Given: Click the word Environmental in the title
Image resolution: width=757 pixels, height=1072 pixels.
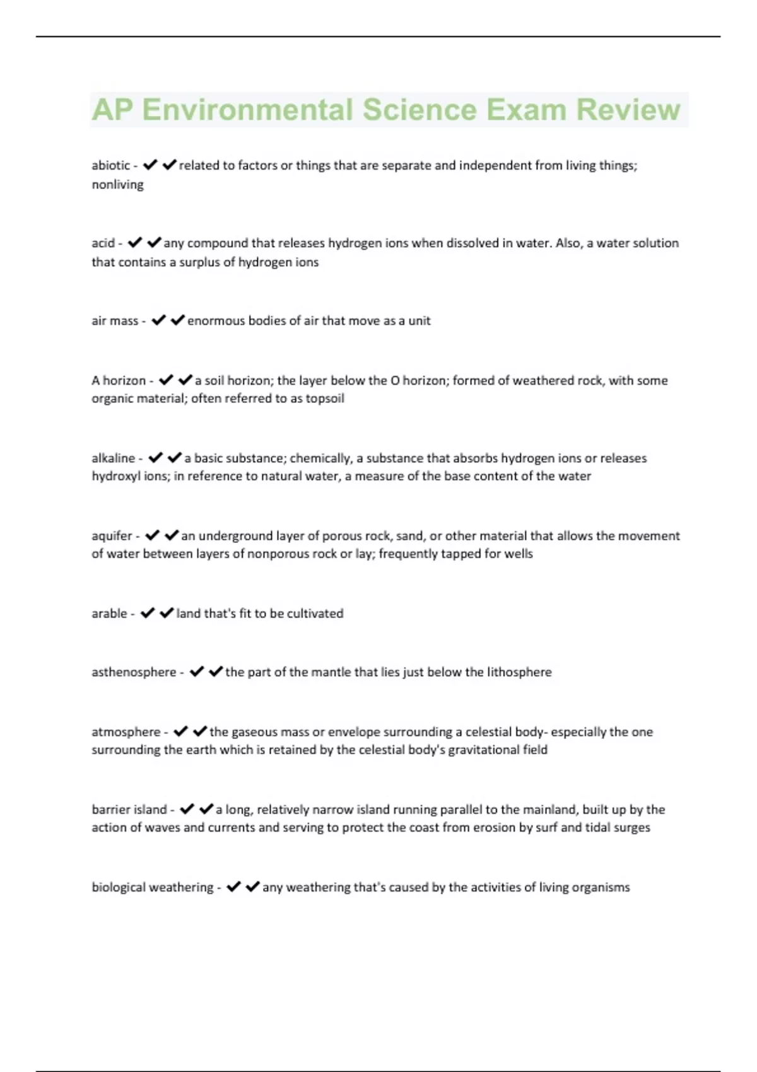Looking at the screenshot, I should pyautogui.click(x=247, y=110).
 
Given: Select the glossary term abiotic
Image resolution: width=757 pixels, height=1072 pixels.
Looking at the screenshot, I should pyautogui.click(x=111, y=165).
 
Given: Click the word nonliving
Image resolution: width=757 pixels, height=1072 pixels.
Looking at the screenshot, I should pyautogui.click(x=118, y=185).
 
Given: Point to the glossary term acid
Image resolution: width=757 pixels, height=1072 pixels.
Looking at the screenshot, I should pyautogui.click(x=103, y=243).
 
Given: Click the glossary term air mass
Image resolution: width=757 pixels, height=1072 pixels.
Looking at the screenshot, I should pyautogui.click(x=115, y=321).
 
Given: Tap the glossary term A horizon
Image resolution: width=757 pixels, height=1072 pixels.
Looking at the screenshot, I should pyautogui.click(x=119, y=381).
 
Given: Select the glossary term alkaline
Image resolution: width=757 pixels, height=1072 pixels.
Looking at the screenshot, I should pyautogui.click(x=114, y=458).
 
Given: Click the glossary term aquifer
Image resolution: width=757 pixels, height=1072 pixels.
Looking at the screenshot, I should pyautogui.click(x=112, y=536).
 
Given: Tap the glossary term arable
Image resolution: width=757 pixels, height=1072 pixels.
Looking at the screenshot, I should pyautogui.click(x=109, y=614).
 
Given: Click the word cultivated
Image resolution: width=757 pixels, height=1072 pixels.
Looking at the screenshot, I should pyautogui.click(x=315, y=614).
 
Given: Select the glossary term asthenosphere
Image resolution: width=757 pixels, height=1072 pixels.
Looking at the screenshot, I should pyautogui.click(x=134, y=672).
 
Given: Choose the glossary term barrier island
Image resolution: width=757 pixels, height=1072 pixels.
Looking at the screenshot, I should pyautogui.click(x=129, y=810).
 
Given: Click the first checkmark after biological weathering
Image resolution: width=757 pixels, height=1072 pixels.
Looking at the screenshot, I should pyautogui.click(x=233, y=887).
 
